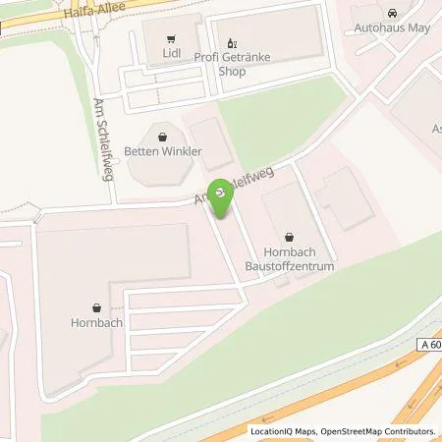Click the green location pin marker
coord(224,200)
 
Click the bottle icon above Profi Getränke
coord(233,42)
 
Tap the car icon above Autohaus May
coord(393,14)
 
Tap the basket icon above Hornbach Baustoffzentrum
coord(290,236)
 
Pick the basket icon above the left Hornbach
coord(95,305)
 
